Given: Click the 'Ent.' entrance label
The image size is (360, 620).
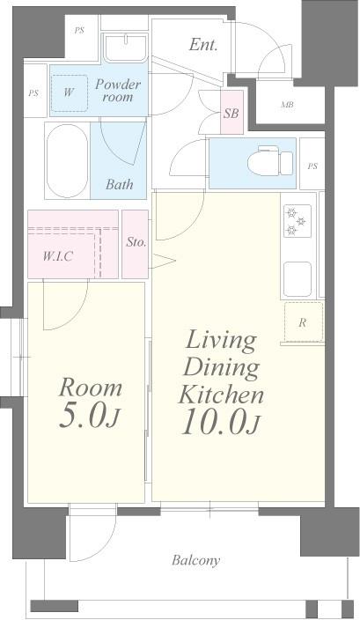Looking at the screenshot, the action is tap(203, 45).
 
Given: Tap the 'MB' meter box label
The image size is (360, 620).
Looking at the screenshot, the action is tap(287, 105).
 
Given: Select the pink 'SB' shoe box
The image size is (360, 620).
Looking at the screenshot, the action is tap(231, 113).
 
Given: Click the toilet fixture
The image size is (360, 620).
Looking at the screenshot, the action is tap(270, 162).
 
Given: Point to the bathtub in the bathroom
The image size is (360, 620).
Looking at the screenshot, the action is tap(67, 160).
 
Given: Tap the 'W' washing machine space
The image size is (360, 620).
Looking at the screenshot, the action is tap(69, 93).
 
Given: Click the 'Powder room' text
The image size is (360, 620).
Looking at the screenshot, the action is tap(117, 91).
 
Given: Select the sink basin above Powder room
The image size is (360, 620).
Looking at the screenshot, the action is tap(126, 48).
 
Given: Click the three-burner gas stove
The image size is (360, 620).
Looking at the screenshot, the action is tap(298, 221).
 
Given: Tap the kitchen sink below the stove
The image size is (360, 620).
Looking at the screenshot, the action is tap(298, 279).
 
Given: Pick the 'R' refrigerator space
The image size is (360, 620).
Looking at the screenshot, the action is tap(304, 322).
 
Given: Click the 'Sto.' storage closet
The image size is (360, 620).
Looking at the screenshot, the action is tap(136, 244).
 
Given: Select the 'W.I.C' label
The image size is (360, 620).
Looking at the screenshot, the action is tap(58, 256).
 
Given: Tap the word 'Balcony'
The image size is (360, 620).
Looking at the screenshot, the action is tap(195, 560).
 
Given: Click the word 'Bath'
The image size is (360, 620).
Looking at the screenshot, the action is tap(120, 184).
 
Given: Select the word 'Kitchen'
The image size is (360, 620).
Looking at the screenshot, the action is tap(221, 395).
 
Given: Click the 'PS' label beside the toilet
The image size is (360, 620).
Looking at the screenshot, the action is tap(312, 166).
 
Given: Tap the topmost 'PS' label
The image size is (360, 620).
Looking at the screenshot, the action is tap(79, 31).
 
